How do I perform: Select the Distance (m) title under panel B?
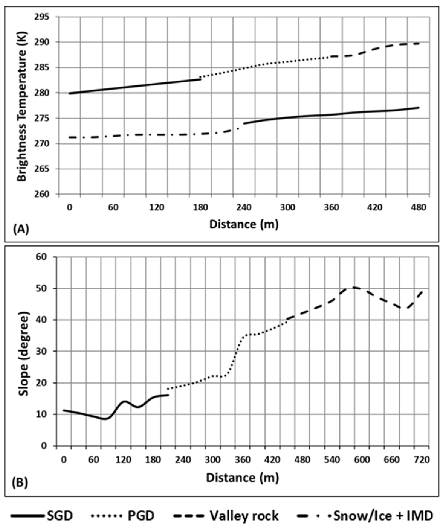pyautogui.click(x=243, y=477)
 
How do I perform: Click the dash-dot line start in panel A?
pyautogui.click(x=70, y=137)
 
